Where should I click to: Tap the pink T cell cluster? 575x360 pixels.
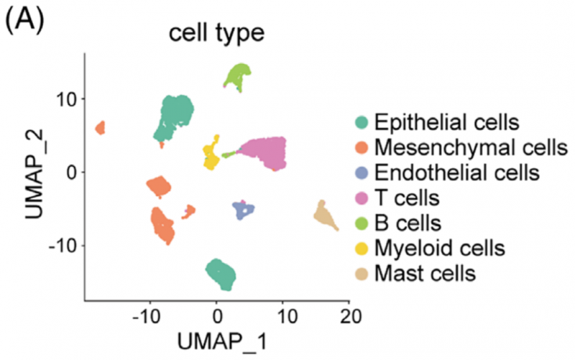tap(266, 152)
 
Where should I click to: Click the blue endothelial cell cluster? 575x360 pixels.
tap(244, 211)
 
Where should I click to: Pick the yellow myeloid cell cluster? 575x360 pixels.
tap(211, 154)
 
